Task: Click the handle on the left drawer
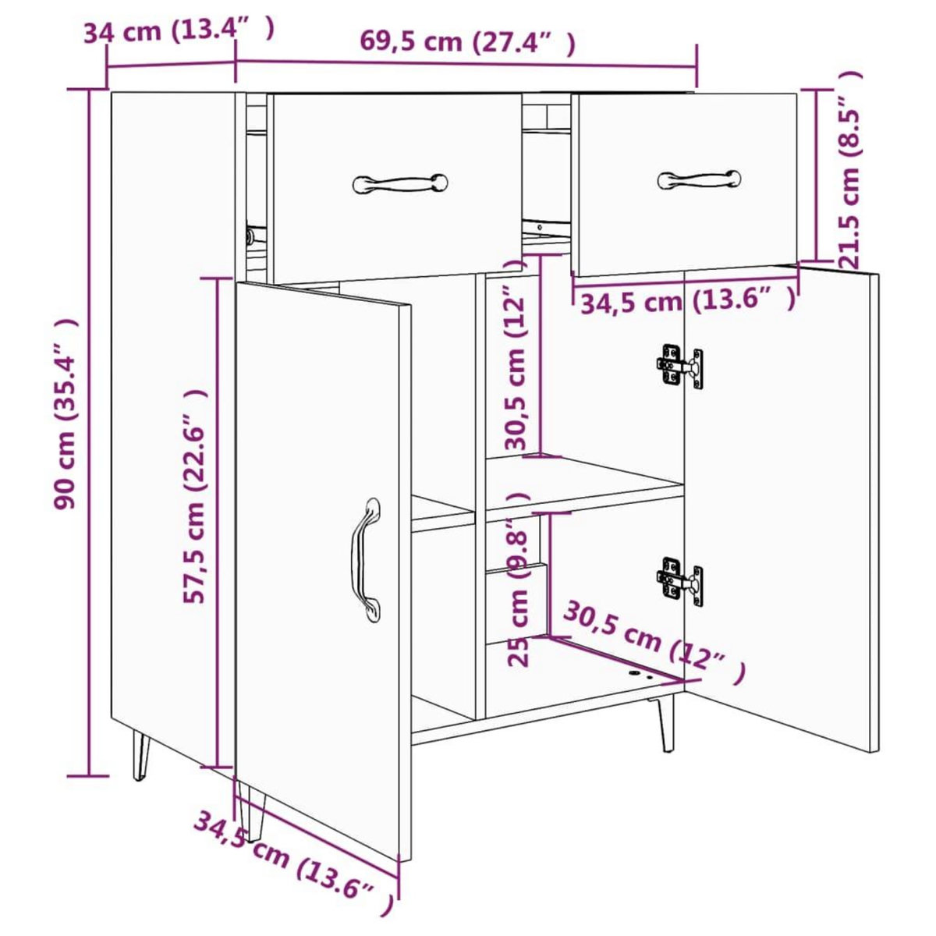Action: pos(400,184)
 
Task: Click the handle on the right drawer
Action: pos(700,179)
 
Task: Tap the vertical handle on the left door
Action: pos(366,559)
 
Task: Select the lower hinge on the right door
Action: pos(680,580)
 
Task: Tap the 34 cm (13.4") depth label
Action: pos(179,31)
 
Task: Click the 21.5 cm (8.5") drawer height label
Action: pos(849,168)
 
